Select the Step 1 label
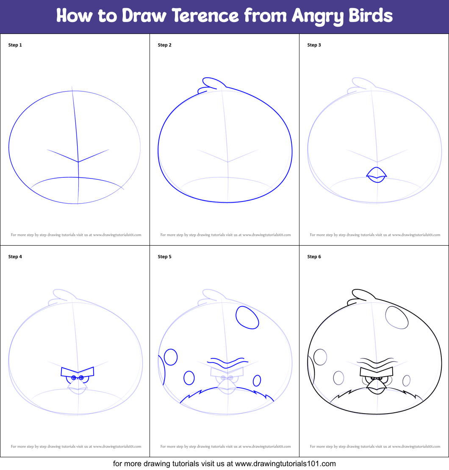pos(15,45)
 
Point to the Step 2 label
pos(165,45)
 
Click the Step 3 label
pos(314,45)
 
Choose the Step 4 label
pos(15,257)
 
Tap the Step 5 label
pos(165,257)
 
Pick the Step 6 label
pos(314,257)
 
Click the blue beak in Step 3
pos(377,175)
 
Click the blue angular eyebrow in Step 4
pos(78,372)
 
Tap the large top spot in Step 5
pos(247,317)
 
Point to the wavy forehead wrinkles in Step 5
pos(228,362)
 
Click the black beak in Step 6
pos(377,386)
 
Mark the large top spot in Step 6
pos(396,317)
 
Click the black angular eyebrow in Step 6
pos(376,372)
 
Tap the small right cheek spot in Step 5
pos(257,380)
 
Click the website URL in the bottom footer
pos(285,464)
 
